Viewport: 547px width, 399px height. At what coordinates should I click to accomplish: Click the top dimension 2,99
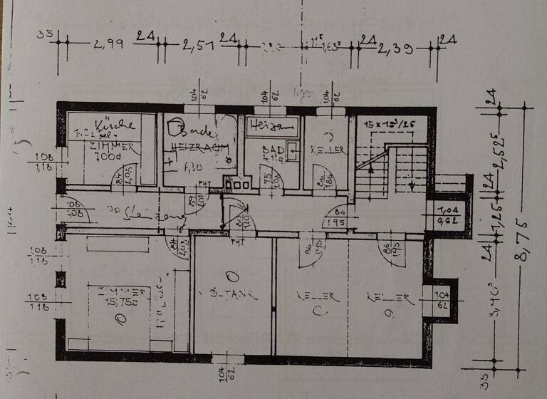pyautogui.click(x=108, y=45)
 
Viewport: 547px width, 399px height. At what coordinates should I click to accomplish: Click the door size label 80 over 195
pyautogui.click(x=339, y=217)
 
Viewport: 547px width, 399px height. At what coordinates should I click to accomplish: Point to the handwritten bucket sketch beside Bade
pyautogui.click(x=173, y=128)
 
